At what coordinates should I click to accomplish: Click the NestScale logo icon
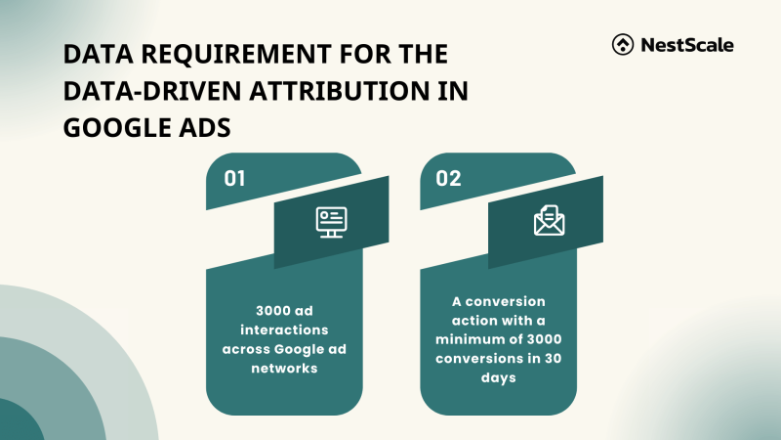[x=622, y=44]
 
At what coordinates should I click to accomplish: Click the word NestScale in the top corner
[x=686, y=44]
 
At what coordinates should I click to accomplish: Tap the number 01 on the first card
[x=235, y=178]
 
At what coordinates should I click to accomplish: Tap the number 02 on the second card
[x=449, y=178]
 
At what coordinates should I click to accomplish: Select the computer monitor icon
[x=331, y=221]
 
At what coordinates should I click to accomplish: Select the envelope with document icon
[x=546, y=221]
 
